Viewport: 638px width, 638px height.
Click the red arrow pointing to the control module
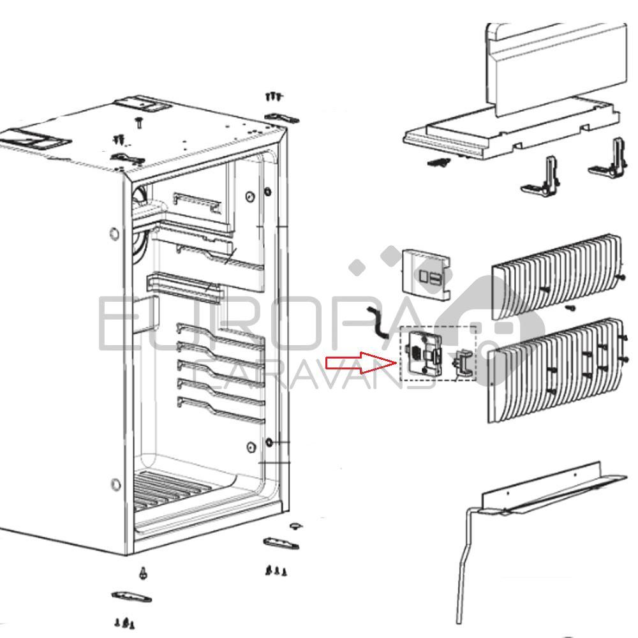[x=360, y=362]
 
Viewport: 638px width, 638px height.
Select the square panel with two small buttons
[x=426, y=275]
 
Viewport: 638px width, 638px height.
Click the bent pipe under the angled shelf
[x=466, y=561]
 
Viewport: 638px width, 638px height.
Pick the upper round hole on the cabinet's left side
[x=115, y=234]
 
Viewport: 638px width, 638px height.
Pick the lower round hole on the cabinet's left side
[x=115, y=485]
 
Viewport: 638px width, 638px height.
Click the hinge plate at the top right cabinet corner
[x=281, y=117]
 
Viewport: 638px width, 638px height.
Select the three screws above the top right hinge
[x=274, y=96]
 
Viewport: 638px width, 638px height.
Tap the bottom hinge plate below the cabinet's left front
[x=131, y=597]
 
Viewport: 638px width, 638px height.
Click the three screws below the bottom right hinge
[x=276, y=571]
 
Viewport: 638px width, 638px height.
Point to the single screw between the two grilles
[x=570, y=308]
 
